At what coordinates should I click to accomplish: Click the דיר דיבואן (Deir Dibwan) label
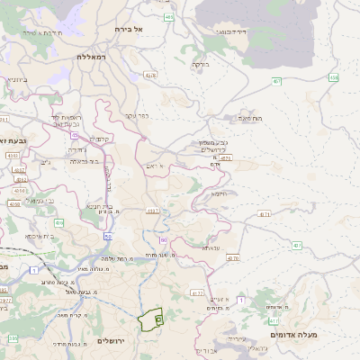pyautogui.click(x=232, y=31)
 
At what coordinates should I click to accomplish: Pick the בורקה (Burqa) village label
pyautogui.click(x=200, y=64)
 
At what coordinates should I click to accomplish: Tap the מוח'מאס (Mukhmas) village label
pyautogui.click(x=251, y=118)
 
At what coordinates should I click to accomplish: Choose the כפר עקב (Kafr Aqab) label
pyautogui.click(x=137, y=115)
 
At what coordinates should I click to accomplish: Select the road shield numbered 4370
pyautogui.click(x=233, y=257)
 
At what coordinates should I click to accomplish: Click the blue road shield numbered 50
pyautogui.click(x=107, y=237)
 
